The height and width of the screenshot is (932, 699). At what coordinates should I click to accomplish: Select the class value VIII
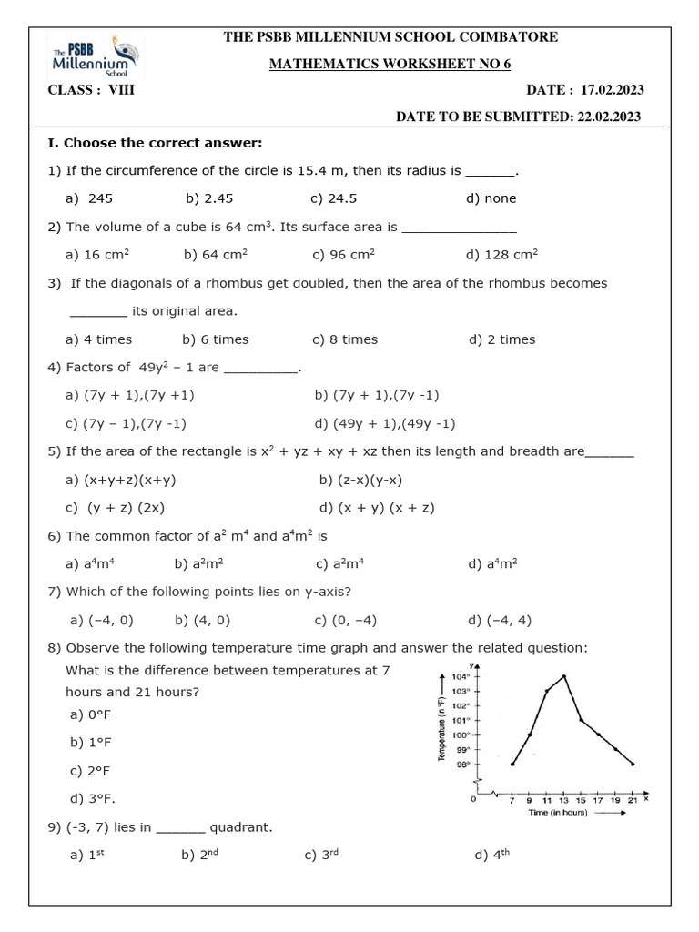pos(121,89)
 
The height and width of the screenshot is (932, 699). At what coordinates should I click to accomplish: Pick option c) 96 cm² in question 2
pos(343,255)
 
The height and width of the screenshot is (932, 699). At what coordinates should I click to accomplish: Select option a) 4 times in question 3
pos(98,339)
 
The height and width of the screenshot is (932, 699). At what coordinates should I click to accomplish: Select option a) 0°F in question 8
pos(90,714)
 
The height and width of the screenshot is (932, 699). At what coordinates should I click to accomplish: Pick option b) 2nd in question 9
pos(202,856)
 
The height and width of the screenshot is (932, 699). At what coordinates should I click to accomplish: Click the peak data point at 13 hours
pos(565,676)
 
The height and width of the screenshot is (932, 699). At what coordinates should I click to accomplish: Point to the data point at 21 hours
pos(633,764)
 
